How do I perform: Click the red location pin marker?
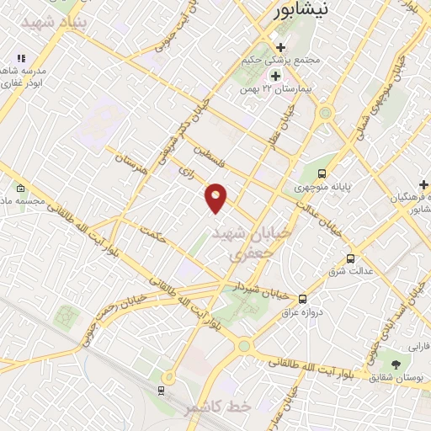pyautogui.click(x=216, y=197)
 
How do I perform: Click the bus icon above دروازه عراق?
pyautogui.click(x=303, y=298)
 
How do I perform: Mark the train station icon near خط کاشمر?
pyautogui.click(x=161, y=391)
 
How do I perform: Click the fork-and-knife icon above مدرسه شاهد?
pyautogui.click(x=22, y=59)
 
